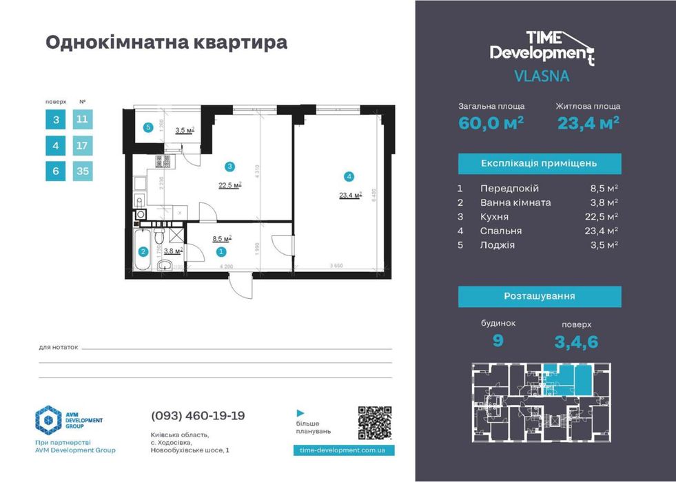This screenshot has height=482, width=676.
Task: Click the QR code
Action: point(376,423)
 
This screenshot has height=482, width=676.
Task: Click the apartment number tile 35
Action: point(82,171)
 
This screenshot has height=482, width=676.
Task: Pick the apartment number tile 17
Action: point(82,146)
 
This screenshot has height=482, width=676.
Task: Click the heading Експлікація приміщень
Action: point(540,163)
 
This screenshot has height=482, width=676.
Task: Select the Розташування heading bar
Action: point(540,296)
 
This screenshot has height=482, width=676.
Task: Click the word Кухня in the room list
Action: point(495,216)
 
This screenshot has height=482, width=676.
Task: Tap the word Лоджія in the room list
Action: point(498,244)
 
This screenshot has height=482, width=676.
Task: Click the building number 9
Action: point(498,339)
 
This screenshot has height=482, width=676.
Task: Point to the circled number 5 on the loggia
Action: point(147,127)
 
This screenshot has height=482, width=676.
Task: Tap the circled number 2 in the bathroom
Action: point(143,252)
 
